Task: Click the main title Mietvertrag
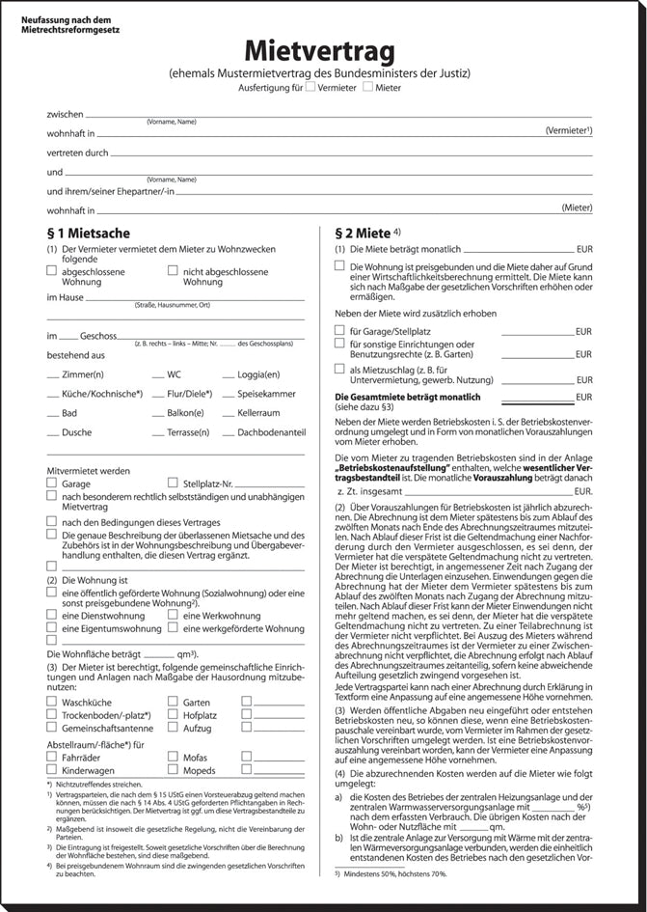click(x=323, y=50)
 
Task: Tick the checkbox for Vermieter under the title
click(x=310, y=88)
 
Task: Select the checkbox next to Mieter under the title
click(x=367, y=88)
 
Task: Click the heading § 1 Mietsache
click(x=89, y=233)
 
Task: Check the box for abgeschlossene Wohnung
click(x=52, y=271)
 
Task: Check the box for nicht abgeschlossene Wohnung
click(x=174, y=271)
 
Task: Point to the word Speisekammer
click(x=266, y=393)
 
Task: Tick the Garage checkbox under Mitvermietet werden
click(x=52, y=483)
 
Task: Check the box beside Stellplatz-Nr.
click(x=174, y=483)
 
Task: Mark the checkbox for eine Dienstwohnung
click(x=52, y=615)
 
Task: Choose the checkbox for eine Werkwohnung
click(x=174, y=615)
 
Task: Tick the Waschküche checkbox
click(x=52, y=702)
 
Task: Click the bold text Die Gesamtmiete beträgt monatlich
click(x=407, y=397)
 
